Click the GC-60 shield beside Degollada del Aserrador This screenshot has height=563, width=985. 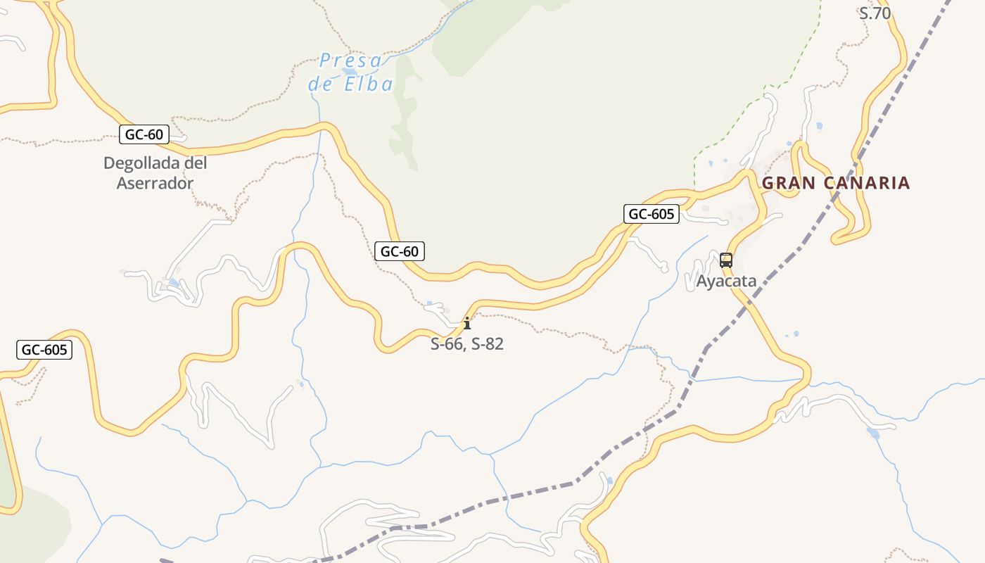pyautogui.click(x=144, y=134)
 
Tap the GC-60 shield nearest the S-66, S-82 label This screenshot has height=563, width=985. pyautogui.click(x=400, y=251)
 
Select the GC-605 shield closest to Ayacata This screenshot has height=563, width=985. pyautogui.click(x=651, y=214)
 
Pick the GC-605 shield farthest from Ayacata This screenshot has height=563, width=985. pyautogui.click(x=44, y=350)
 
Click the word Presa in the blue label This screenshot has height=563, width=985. pyautogui.click(x=350, y=61)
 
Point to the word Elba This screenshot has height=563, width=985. pyautogui.click(x=369, y=85)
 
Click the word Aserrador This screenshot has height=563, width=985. pyautogui.click(x=155, y=184)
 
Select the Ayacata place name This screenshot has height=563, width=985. pyautogui.click(x=726, y=281)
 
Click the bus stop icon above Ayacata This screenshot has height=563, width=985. pyautogui.click(x=726, y=260)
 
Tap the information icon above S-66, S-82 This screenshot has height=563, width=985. pyautogui.click(x=466, y=324)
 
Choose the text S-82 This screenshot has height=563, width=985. pyautogui.click(x=488, y=345)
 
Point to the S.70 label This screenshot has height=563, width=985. pyautogui.click(x=875, y=13)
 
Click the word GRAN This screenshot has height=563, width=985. pyautogui.click(x=789, y=184)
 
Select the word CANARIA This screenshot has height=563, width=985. pyautogui.click(x=866, y=184)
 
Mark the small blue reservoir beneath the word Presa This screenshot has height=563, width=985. pyautogui.click(x=350, y=72)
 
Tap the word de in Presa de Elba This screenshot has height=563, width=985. pyautogui.click(x=322, y=85)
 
